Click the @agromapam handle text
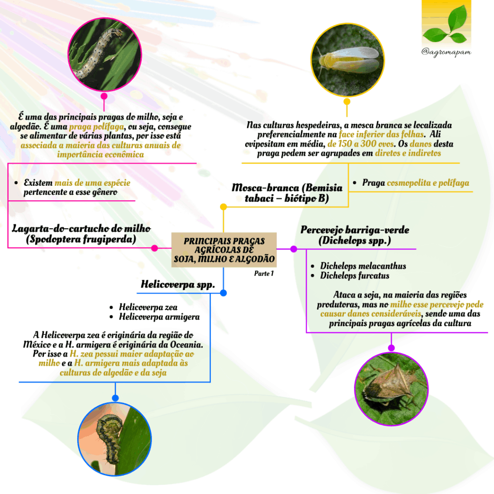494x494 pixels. [x=446, y=52]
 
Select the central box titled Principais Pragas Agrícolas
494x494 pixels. [x=224, y=250]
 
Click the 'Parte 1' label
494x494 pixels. [x=264, y=273]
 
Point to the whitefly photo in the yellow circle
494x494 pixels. [x=347, y=59]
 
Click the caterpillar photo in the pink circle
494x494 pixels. [x=105, y=54]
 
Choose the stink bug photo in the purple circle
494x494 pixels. [x=391, y=389]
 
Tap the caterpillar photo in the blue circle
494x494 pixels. [x=115, y=439]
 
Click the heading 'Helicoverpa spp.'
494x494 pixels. [x=178, y=285]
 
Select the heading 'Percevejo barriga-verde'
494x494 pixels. [x=355, y=230]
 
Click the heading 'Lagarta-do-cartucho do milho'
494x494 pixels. [x=81, y=228]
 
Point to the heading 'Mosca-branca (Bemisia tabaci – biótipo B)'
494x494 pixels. [x=287, y=193]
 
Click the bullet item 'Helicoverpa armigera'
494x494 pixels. [x=159, y=316]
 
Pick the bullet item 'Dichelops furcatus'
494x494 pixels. [x=355, y=275]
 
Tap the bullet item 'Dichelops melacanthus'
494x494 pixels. [x=363, y=266]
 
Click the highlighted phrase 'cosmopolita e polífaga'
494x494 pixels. [x=428, y=183]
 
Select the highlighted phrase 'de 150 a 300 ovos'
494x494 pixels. [x=361, y=144]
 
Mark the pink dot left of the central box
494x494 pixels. [x=154, y=248]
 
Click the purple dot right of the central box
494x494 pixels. [x=294, y=249]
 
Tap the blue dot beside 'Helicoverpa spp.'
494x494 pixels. [x=223, y=293]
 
